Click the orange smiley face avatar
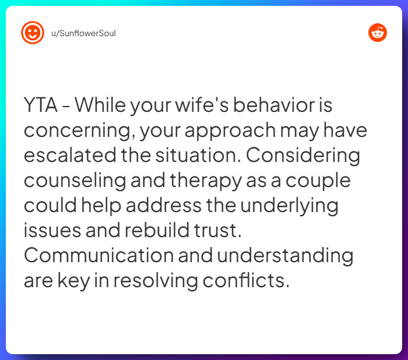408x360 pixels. tap(33, 33)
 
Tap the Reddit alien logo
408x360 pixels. tap(378, 33)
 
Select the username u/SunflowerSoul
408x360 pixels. tap(83, 33)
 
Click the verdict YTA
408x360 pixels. tap(41, 105)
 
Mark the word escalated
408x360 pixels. tap(70, 156)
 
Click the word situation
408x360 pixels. tap(198, 156)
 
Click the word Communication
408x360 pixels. tap(99, 255)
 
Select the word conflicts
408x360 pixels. tap(246, 280)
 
